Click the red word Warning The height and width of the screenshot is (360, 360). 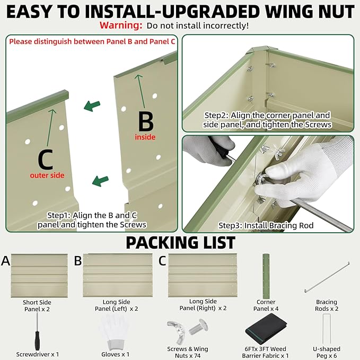121,25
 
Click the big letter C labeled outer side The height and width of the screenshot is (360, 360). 46,159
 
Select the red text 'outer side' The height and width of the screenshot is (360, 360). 47,175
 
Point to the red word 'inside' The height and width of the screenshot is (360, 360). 145,137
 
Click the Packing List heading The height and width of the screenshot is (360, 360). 181,243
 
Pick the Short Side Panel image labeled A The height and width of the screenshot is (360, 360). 39,276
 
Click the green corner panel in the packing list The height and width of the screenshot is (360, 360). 266,276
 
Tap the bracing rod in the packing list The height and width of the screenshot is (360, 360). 327,277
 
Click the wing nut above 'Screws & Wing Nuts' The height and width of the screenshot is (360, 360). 177,331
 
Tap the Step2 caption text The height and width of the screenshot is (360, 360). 267,120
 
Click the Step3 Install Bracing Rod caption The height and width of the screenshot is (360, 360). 266,225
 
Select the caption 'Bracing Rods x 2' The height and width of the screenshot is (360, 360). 327,305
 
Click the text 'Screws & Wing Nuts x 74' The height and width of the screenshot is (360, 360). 188,352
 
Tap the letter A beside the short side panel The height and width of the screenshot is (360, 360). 5,261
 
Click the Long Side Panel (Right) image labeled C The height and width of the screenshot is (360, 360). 203,276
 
